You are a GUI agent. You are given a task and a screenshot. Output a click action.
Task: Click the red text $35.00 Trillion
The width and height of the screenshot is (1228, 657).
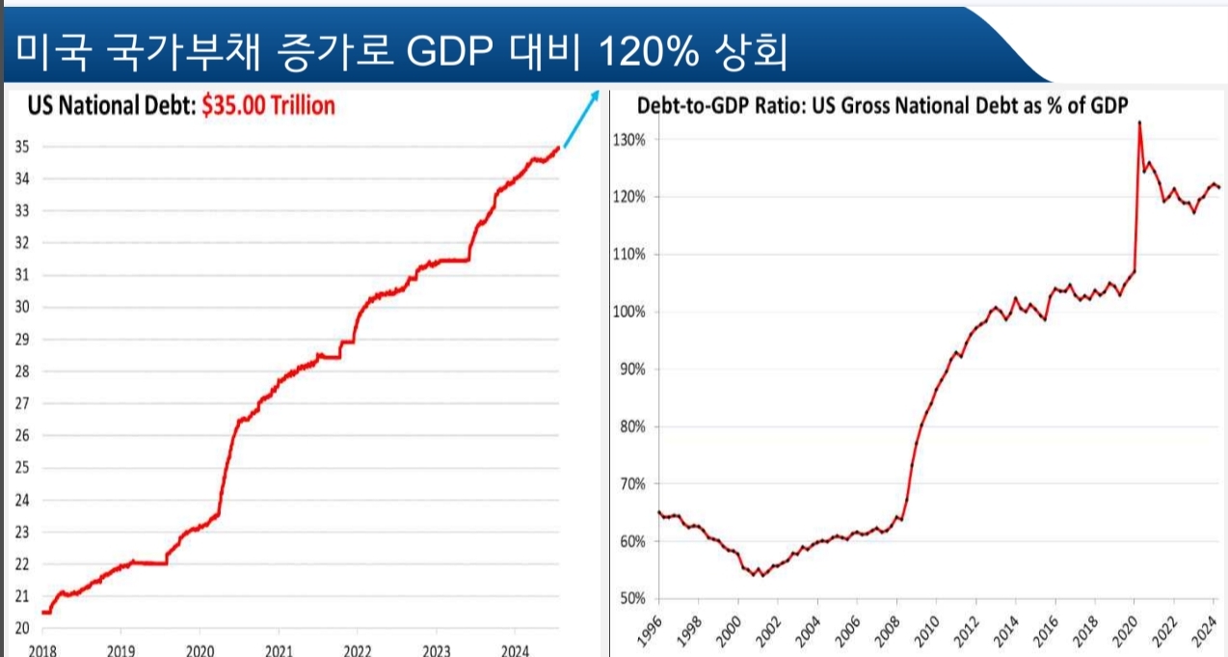pyautogui.click(x=268, y=105)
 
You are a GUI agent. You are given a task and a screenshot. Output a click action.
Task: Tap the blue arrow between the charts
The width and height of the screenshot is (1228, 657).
pyautogui.click(x=581, y=120)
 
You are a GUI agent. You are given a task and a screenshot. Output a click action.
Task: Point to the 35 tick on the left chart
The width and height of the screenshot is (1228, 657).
pyautogui.click(x=22, y=147)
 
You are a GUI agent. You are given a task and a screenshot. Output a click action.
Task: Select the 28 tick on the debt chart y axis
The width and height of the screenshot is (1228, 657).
pyautogui.click(x=22, y=371)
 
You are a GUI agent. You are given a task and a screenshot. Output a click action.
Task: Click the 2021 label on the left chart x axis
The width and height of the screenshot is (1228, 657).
pyautogui.click(x=279, y=648)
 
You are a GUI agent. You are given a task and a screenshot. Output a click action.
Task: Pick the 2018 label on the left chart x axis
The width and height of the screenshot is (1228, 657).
pyautogui.click(x=41, y=648)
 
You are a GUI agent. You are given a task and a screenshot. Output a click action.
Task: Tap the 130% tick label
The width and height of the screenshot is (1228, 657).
pyautogui.click(x=628, y=139)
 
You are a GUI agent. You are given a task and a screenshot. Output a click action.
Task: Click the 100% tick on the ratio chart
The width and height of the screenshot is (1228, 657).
pyautogui.click(x=628, y=312)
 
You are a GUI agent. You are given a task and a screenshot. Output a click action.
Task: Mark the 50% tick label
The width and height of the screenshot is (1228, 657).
pyautogui.click(x=630, y=598)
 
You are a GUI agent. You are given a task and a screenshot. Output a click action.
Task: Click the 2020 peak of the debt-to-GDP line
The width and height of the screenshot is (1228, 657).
pyautogui.click(x=1139, y=123)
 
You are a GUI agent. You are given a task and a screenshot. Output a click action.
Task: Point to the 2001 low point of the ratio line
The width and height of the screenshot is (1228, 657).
pyautogui.click(x=761, y=575)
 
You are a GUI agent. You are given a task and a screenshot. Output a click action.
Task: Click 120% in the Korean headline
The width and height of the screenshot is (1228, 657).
pyautogui.click(x=649, y=54)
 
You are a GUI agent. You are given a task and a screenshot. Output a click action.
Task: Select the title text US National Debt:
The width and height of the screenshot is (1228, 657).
pyautogui.click(x=111, y=105)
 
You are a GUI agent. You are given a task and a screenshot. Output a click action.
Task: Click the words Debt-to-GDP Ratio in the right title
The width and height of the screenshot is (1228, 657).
pyautogui.click(x=703, y=105)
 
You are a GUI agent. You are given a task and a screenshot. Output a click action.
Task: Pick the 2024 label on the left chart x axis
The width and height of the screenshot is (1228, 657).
pyautogui.click(x=516, y=648)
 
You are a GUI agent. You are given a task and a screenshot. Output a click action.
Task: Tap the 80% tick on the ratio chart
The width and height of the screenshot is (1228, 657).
pyautogui.click(x=630, y=426)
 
